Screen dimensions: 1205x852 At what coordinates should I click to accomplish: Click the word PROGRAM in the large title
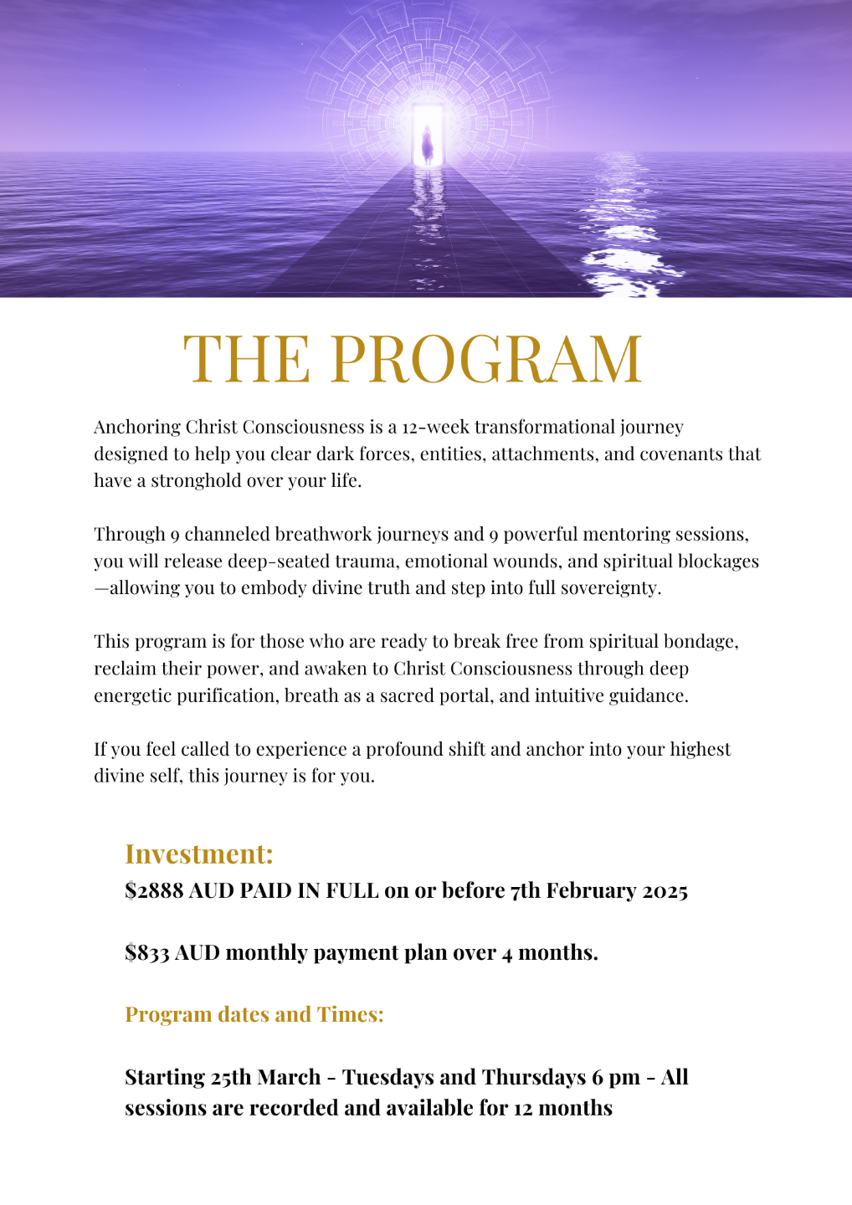pyautogui.click(x=487, y=359)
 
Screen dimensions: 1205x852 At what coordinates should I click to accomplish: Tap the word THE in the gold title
pyautogui.click(x=246, y=359)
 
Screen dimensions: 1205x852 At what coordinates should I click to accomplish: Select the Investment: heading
pyautogui.click(x=199, y=854)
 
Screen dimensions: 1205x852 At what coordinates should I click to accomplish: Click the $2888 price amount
pyautogui.click(x=154, y=890)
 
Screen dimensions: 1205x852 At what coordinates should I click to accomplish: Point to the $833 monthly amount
pyautogui.click(x=147, y=952)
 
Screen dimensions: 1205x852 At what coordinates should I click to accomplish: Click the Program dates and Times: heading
pyautogui.click(x=254, y=1014)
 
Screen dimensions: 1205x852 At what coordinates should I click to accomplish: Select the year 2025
pyautogui.click(x=665, y=890)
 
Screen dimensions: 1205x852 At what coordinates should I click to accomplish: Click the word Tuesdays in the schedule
pyautogui.click(x=392, y=1077)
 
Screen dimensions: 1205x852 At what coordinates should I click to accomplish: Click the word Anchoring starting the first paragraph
pyautogui.click(x=137, y=428)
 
